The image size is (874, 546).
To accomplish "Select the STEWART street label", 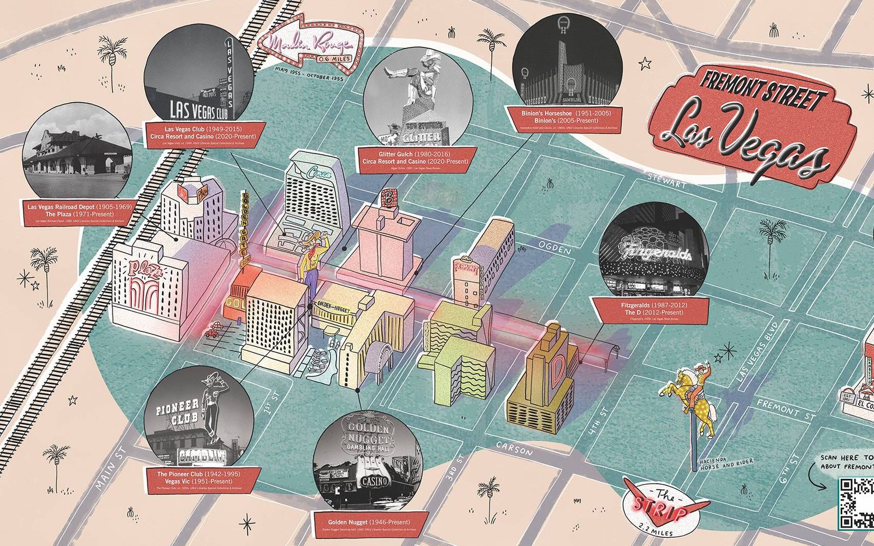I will click(x=666, y=182).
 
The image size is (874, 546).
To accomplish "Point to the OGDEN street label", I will click(x=554, y=248).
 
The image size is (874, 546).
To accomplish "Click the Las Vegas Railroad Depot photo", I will click(x=76, y=150).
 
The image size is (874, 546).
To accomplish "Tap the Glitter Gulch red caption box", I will click(x=415, y=158).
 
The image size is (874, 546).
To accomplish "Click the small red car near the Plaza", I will click(x=213, y=331).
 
